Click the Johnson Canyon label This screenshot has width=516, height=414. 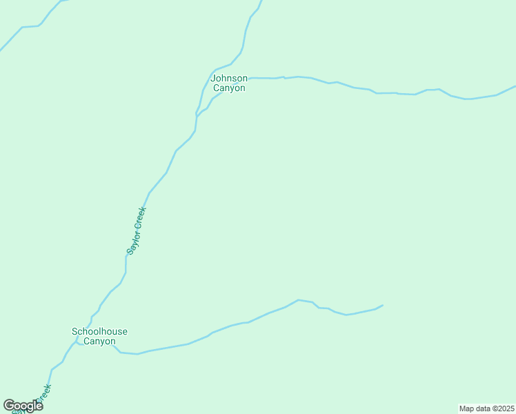(229, 83)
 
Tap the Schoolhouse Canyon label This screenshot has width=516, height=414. (99, 336)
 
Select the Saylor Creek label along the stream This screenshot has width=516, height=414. (137, 230)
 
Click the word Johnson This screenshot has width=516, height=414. (229, 78)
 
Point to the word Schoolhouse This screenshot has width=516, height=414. (99, 331)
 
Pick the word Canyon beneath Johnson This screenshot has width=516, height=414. (229, 88)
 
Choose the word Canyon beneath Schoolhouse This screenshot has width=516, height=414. (99, 341)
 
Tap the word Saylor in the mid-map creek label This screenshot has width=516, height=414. (133, 241)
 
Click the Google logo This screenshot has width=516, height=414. (23, 406)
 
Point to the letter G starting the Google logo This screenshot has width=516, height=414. (8, 405)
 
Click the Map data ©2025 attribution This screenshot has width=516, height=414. (486, 408)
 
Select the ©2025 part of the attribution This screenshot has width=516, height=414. (502, 408)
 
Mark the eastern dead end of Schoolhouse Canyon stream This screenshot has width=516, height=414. (382, 305)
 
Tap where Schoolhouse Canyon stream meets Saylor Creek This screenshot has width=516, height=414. (77, 341)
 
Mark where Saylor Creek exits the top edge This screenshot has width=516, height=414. (261, 1)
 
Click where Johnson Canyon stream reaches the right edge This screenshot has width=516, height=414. (514, 87)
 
